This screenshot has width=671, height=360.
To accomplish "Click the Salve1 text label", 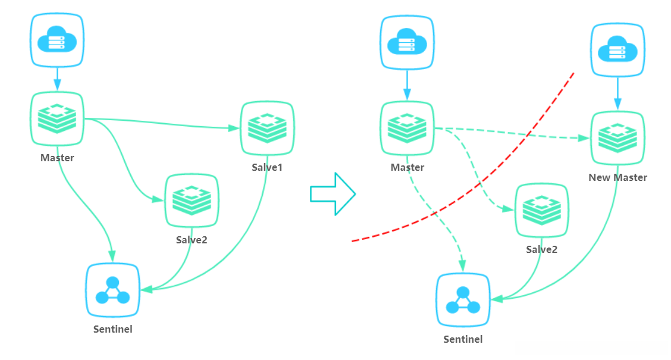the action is click(267, 167).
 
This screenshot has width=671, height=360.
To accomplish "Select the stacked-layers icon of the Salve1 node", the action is click(268, 128).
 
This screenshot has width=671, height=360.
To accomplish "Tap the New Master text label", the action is click(617, 177).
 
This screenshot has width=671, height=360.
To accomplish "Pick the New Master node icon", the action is click(617, 138).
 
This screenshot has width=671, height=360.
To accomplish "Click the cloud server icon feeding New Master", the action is click(617, 50).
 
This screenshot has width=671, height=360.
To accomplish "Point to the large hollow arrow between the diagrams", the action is click(333, 194).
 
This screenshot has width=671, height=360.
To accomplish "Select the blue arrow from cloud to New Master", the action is click(617, 93).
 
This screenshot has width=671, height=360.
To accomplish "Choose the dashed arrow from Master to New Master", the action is click(512, 133).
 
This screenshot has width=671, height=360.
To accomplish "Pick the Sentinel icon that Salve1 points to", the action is click(112, 290).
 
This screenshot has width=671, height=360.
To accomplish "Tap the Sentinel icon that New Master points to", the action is click(463, 300).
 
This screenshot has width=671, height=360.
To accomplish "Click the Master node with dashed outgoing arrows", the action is click(407, 128).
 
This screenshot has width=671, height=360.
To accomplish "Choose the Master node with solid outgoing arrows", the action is click(57, 118).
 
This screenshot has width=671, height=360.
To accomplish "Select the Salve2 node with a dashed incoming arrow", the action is click(542, 210).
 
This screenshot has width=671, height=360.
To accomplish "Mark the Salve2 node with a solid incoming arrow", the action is click(192, 201).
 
